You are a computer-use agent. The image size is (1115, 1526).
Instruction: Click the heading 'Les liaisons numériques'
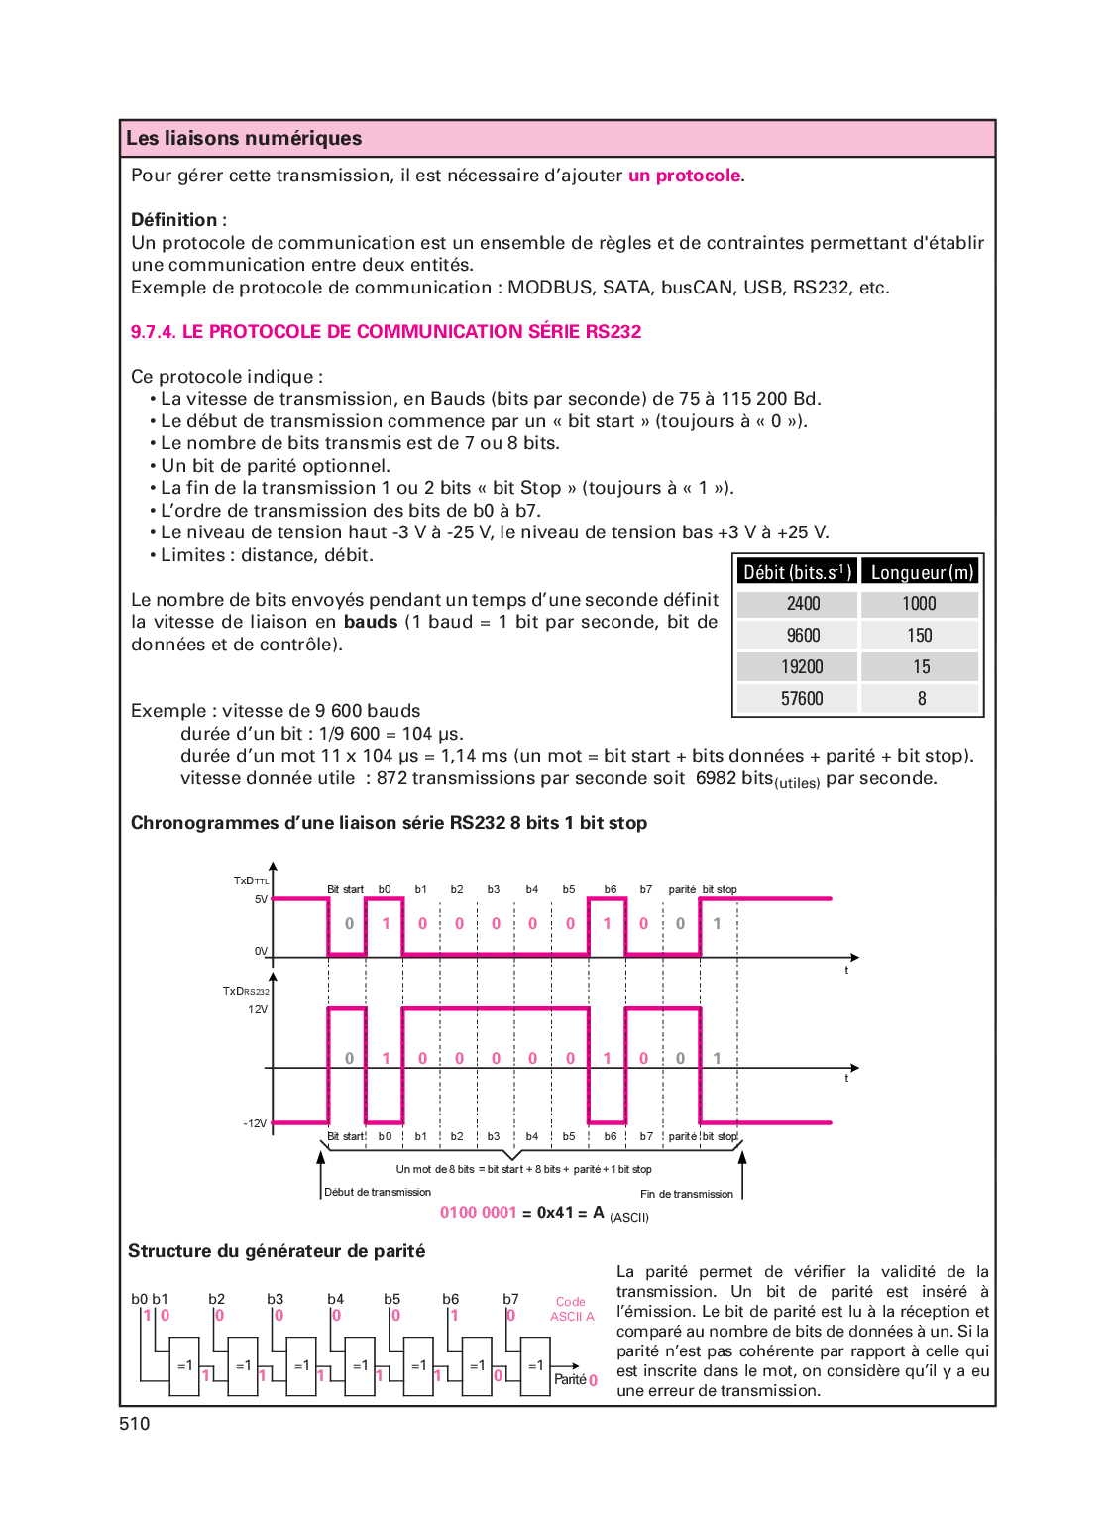point(244,139)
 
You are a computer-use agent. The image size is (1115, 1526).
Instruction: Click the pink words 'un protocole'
point(684,176)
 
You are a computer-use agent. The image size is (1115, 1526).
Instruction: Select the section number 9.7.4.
point(153,332)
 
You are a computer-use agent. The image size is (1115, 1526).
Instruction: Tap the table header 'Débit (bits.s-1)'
point(797,572)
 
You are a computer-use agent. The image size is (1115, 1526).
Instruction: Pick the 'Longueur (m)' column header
point(921,572)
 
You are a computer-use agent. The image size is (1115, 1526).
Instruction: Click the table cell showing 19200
point(802,667)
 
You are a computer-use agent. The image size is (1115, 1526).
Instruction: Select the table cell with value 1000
point(919,604)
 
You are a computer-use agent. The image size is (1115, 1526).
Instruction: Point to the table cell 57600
point(802,699)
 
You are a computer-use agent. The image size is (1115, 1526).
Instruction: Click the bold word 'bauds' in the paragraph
point(371,622)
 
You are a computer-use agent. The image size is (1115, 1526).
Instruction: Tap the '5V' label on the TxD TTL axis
point(261,899)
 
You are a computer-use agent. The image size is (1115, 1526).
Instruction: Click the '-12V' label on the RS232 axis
point(255,1123)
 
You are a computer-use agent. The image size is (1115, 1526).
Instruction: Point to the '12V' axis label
point(258,1009)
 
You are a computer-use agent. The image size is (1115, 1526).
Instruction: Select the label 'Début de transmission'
point(378,1192)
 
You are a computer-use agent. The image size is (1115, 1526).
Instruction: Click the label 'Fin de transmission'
point(687,1194)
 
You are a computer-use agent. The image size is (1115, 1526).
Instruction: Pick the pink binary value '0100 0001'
point(479,1213)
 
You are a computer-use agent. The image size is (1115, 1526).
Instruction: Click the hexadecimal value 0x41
point(555,1213)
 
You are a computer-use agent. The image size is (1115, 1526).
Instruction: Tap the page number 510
point(135,1424)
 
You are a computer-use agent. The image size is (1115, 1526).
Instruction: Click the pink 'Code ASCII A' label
point(572,1309)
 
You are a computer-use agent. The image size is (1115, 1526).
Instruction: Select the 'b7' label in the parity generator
point(510,1299)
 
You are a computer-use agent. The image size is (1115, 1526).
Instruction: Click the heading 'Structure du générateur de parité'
point(277,1251)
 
